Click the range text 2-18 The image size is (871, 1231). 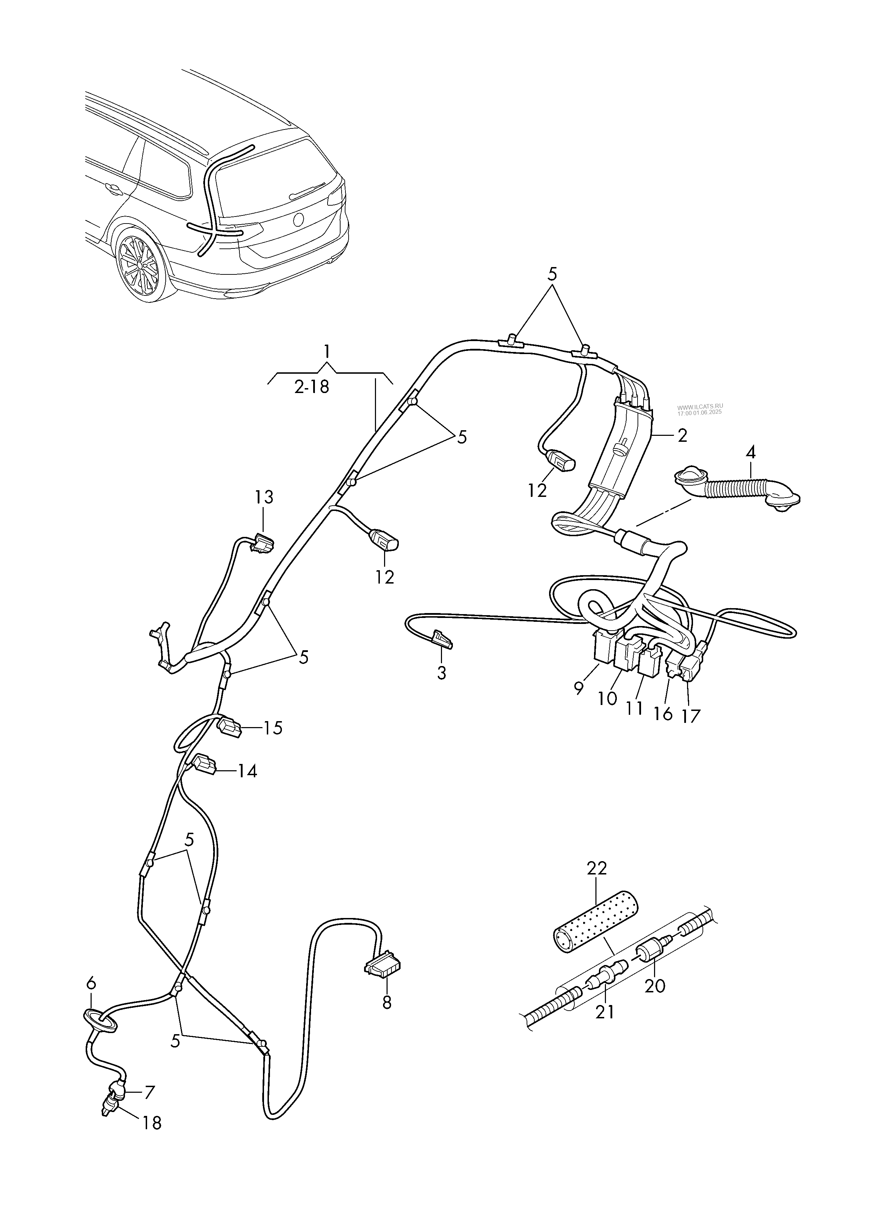point(312,387)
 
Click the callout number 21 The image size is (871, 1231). point(605,1011)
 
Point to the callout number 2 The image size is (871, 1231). point(682,435)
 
